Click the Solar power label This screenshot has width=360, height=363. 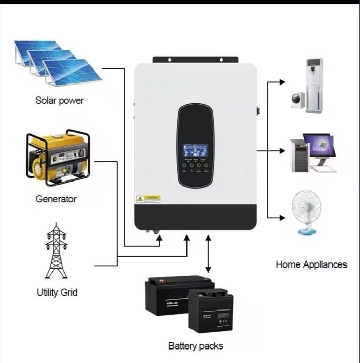click(59, 100)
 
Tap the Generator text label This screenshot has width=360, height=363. click(56, 199)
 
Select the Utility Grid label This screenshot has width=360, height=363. click(57, 292)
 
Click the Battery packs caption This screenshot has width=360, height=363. click(196, 346)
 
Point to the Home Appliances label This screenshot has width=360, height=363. click(311, 264)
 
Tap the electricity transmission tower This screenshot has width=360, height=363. click(56, 251)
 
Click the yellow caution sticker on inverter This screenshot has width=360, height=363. click(148, 199)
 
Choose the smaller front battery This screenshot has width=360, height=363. click(210, 311)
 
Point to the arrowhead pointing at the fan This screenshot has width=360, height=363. click(282, 217)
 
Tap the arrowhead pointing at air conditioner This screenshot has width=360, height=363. click(282, 82)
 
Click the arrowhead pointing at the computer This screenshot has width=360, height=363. click(282, 151)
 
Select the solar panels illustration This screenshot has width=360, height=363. click(57, 62)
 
